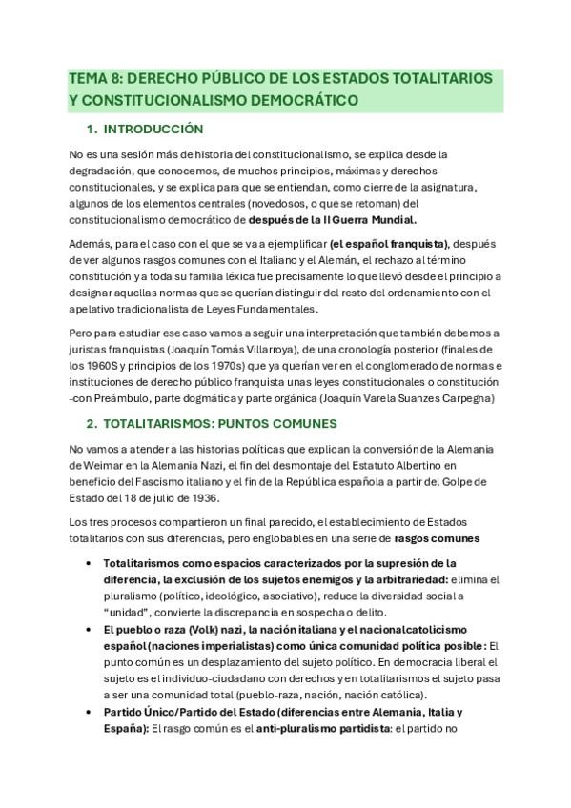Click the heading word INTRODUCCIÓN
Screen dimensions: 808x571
154,128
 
